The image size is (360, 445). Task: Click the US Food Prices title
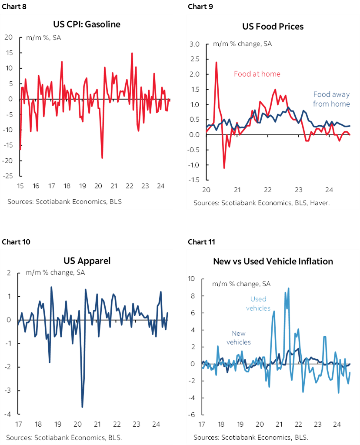[x=273, y=27]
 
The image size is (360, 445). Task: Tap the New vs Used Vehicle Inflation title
[x=273, y=261]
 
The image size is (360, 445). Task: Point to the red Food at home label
[x=257, y=74]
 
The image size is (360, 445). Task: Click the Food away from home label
[x=331, y=99]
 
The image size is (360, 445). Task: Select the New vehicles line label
[x=238, y=338]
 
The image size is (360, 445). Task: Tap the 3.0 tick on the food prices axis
[x=194, y=44]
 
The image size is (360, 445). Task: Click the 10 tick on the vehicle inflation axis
[x=191, y=278]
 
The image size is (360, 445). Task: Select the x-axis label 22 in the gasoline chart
[x=129, y=186]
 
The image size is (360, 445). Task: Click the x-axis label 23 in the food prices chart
[x=299, y=190]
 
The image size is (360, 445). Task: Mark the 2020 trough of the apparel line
[x=82, y=407]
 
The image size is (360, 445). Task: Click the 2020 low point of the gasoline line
[x=102, y=158]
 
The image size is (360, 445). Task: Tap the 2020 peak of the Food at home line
[x=216, y=62]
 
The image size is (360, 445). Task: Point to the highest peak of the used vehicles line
[x=288, y=288]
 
